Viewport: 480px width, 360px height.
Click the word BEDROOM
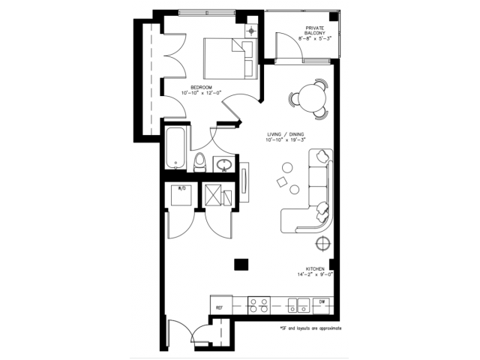pos(201,88)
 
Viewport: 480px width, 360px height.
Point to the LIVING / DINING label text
pos(286,136)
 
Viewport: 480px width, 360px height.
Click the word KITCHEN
pos(314,268)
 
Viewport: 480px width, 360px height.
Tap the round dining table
pos(309,97)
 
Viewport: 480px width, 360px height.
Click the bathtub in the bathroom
pos(174,148)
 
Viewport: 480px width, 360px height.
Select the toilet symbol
pos(199,162)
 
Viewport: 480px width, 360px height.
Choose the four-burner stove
pos(259,305)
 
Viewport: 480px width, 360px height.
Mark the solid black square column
pos(240,263)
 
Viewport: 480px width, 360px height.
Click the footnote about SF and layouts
pos(310,328)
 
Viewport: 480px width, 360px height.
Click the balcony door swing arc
pos(292,49)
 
